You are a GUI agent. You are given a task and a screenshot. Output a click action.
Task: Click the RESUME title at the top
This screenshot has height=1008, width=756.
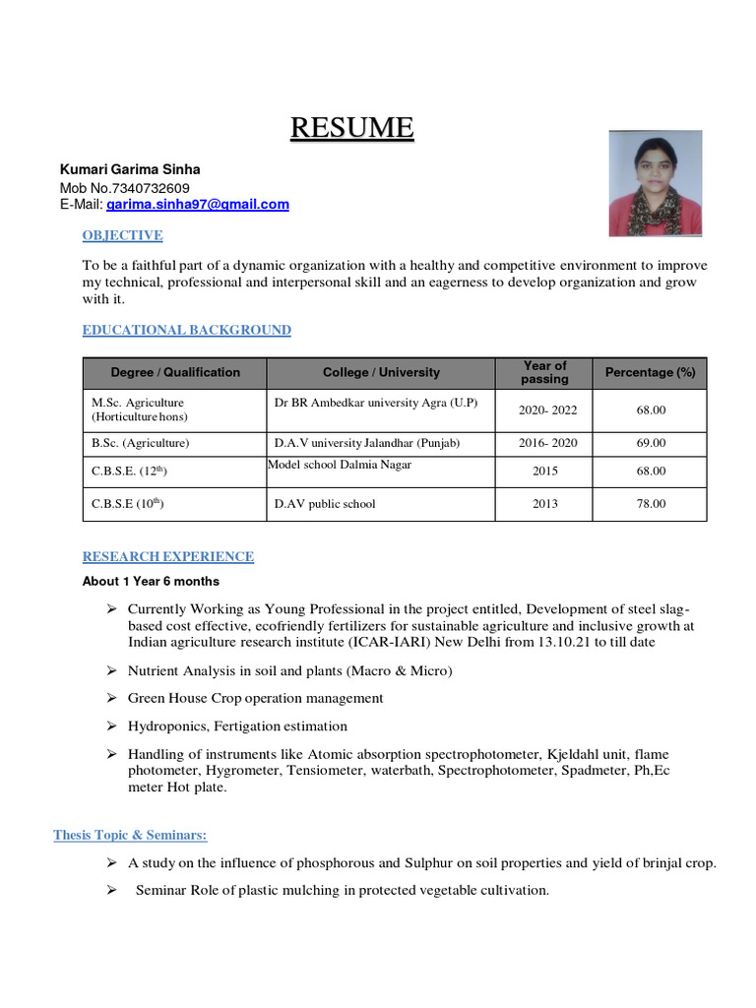[x=351, y=128]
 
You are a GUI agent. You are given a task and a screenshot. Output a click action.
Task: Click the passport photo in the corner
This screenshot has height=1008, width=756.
[x=656, y=184]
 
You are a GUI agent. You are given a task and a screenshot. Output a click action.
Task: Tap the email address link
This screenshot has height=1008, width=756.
[x=198, y=204]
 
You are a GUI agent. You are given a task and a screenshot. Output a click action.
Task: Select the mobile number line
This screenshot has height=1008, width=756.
[x=125, y=188]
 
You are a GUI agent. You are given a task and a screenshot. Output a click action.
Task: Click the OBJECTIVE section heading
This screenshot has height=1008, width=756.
[x=122, y=235]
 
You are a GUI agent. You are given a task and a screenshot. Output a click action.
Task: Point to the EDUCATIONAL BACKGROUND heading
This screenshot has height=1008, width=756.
[x=186, y=330]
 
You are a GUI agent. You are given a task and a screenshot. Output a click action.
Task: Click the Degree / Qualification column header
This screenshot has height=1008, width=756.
[x=175, y=372]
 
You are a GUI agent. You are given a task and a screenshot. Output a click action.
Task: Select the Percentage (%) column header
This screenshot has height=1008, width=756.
[x=650, y=372]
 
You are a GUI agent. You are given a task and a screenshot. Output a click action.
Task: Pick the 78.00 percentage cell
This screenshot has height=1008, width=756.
[x=650, y=503]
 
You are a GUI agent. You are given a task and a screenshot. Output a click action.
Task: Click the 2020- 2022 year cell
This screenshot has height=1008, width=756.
[x=545, y=409]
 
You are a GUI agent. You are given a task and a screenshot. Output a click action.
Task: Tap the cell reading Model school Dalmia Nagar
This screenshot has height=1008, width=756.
[x=340, y=465]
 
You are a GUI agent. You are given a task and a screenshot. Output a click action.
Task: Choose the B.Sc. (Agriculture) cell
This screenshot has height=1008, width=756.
[x=141, y=443]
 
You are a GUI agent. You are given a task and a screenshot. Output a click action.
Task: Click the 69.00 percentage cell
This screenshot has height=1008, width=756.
[x=650, y=443]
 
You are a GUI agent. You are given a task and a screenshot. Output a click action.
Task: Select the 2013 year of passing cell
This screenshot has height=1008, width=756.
[x=545, y=503]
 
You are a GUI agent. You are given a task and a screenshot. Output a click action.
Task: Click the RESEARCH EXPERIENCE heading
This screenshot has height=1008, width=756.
[x=167, y=556]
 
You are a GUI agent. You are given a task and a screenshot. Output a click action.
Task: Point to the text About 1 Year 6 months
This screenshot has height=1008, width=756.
[x=151, y=581]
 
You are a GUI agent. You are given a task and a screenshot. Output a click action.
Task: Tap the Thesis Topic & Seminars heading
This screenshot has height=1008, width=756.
[x=130, y=836]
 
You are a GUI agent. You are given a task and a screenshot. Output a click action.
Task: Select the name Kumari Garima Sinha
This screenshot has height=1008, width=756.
[x=130, y=169]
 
